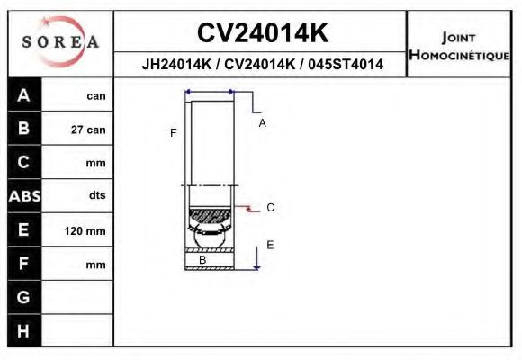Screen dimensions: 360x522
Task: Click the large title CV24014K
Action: pyautogui.click(x=262, y=33)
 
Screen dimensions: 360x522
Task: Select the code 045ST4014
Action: pyautogui.click(x=346, y=65)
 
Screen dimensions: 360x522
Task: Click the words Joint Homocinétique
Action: pyautogui.click(x=458, y=46)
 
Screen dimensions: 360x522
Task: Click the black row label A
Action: pyautogui.click(x=23, y=95)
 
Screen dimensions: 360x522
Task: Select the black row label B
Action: pyautogui.click(x=23, y=129)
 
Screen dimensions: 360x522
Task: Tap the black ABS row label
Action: pyautogui.click(x=23, y=196)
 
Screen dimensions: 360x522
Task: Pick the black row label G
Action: pyautogui.click(x=23, y=297)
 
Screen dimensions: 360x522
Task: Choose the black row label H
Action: pyautogui.click(x=23, y=330)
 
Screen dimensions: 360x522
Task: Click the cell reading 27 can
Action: pyautogui.click(x=88, y=130)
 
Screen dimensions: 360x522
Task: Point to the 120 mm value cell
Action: pyautogui.click(x=85, y=231)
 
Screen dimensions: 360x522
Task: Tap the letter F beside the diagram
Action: pyautogui.click(x=173, y=133)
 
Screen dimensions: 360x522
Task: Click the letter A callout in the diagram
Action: pyautogui.click(x=262, y=123)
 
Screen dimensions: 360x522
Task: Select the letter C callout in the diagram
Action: pyautogui.click(x=269, y=208)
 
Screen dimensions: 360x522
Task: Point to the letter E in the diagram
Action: pyautogui.click(x=269, y=245)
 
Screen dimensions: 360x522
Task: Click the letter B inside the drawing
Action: pyautogui.click(x=202, y=260)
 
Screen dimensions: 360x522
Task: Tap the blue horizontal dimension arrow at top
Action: pyautogui.click(x=209, y=92)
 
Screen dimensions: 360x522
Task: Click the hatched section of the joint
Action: pyautogui.click(x=210, y=216)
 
